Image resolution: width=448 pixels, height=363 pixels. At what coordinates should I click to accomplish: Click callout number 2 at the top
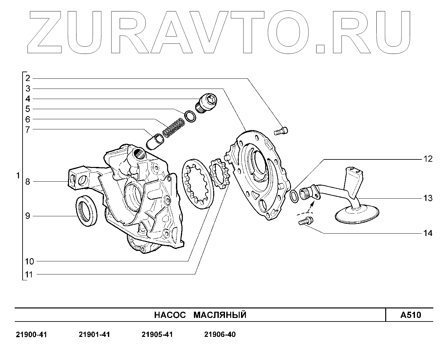[28, 78]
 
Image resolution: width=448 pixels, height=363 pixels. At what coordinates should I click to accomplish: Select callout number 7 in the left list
[28, 129]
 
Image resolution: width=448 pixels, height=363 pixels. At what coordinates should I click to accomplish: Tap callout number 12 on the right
[428, 159]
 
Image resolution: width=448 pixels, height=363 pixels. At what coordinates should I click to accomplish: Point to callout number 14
[428, 233]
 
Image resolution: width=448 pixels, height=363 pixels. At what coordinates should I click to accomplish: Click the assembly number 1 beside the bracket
[18, 176]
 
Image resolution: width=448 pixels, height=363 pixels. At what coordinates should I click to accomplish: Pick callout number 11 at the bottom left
[29, 274]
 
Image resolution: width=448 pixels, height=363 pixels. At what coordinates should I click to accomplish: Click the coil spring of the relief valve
[173, 127]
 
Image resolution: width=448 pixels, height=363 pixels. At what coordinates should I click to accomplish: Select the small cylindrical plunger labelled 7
[155, 141]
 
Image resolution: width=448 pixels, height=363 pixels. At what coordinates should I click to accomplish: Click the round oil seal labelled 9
[87, 211]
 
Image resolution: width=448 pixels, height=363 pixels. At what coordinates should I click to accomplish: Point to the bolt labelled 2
[281, 131]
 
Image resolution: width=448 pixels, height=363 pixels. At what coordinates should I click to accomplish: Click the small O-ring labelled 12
[294, 195]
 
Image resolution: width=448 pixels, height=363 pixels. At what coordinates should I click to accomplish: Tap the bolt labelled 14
[305, 221]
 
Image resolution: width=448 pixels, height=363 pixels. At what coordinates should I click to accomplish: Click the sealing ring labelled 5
[190, 116]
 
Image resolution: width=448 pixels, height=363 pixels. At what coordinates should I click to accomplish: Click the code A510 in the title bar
[411, 315]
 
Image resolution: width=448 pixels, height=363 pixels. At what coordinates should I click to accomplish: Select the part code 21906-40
[220, 335]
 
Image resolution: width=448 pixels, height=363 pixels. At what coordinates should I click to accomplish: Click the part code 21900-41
[31, 335]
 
